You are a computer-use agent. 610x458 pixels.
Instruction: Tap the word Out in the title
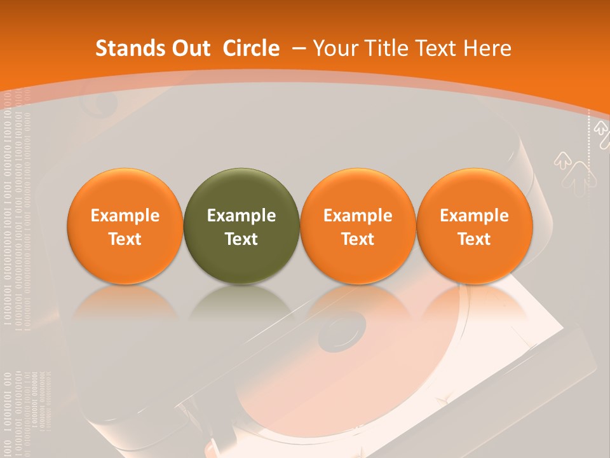[x=189, y=48]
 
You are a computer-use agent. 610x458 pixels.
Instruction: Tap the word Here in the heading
[x=487, y=48]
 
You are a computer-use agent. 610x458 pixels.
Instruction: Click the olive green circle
[x=241, y=226]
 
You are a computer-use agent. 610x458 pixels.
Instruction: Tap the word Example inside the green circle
[x=241, y=216]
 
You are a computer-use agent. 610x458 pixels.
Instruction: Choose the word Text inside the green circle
[x=241, y=239]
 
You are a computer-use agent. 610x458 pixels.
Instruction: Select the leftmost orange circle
[x=125, y=226]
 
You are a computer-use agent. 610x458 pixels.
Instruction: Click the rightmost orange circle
[x=474, y=226]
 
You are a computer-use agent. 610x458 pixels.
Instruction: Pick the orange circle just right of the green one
[x=358, y=226]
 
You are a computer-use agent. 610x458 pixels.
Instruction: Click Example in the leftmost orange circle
[x=125, y=216]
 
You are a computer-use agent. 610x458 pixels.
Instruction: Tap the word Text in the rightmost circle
[x=474, y=239]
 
